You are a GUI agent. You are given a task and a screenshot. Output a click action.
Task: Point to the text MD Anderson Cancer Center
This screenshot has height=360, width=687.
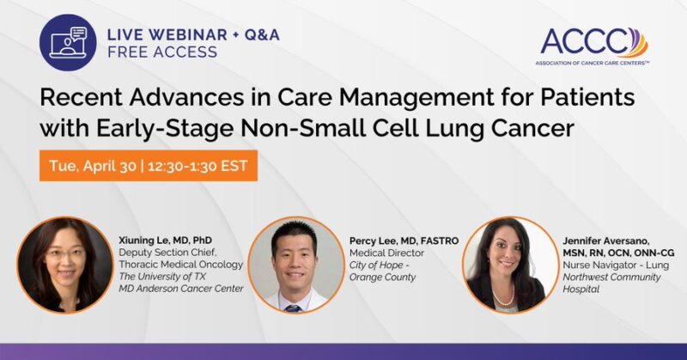[180, 288]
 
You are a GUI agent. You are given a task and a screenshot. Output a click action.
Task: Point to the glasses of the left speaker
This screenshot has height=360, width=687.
[65, 254]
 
